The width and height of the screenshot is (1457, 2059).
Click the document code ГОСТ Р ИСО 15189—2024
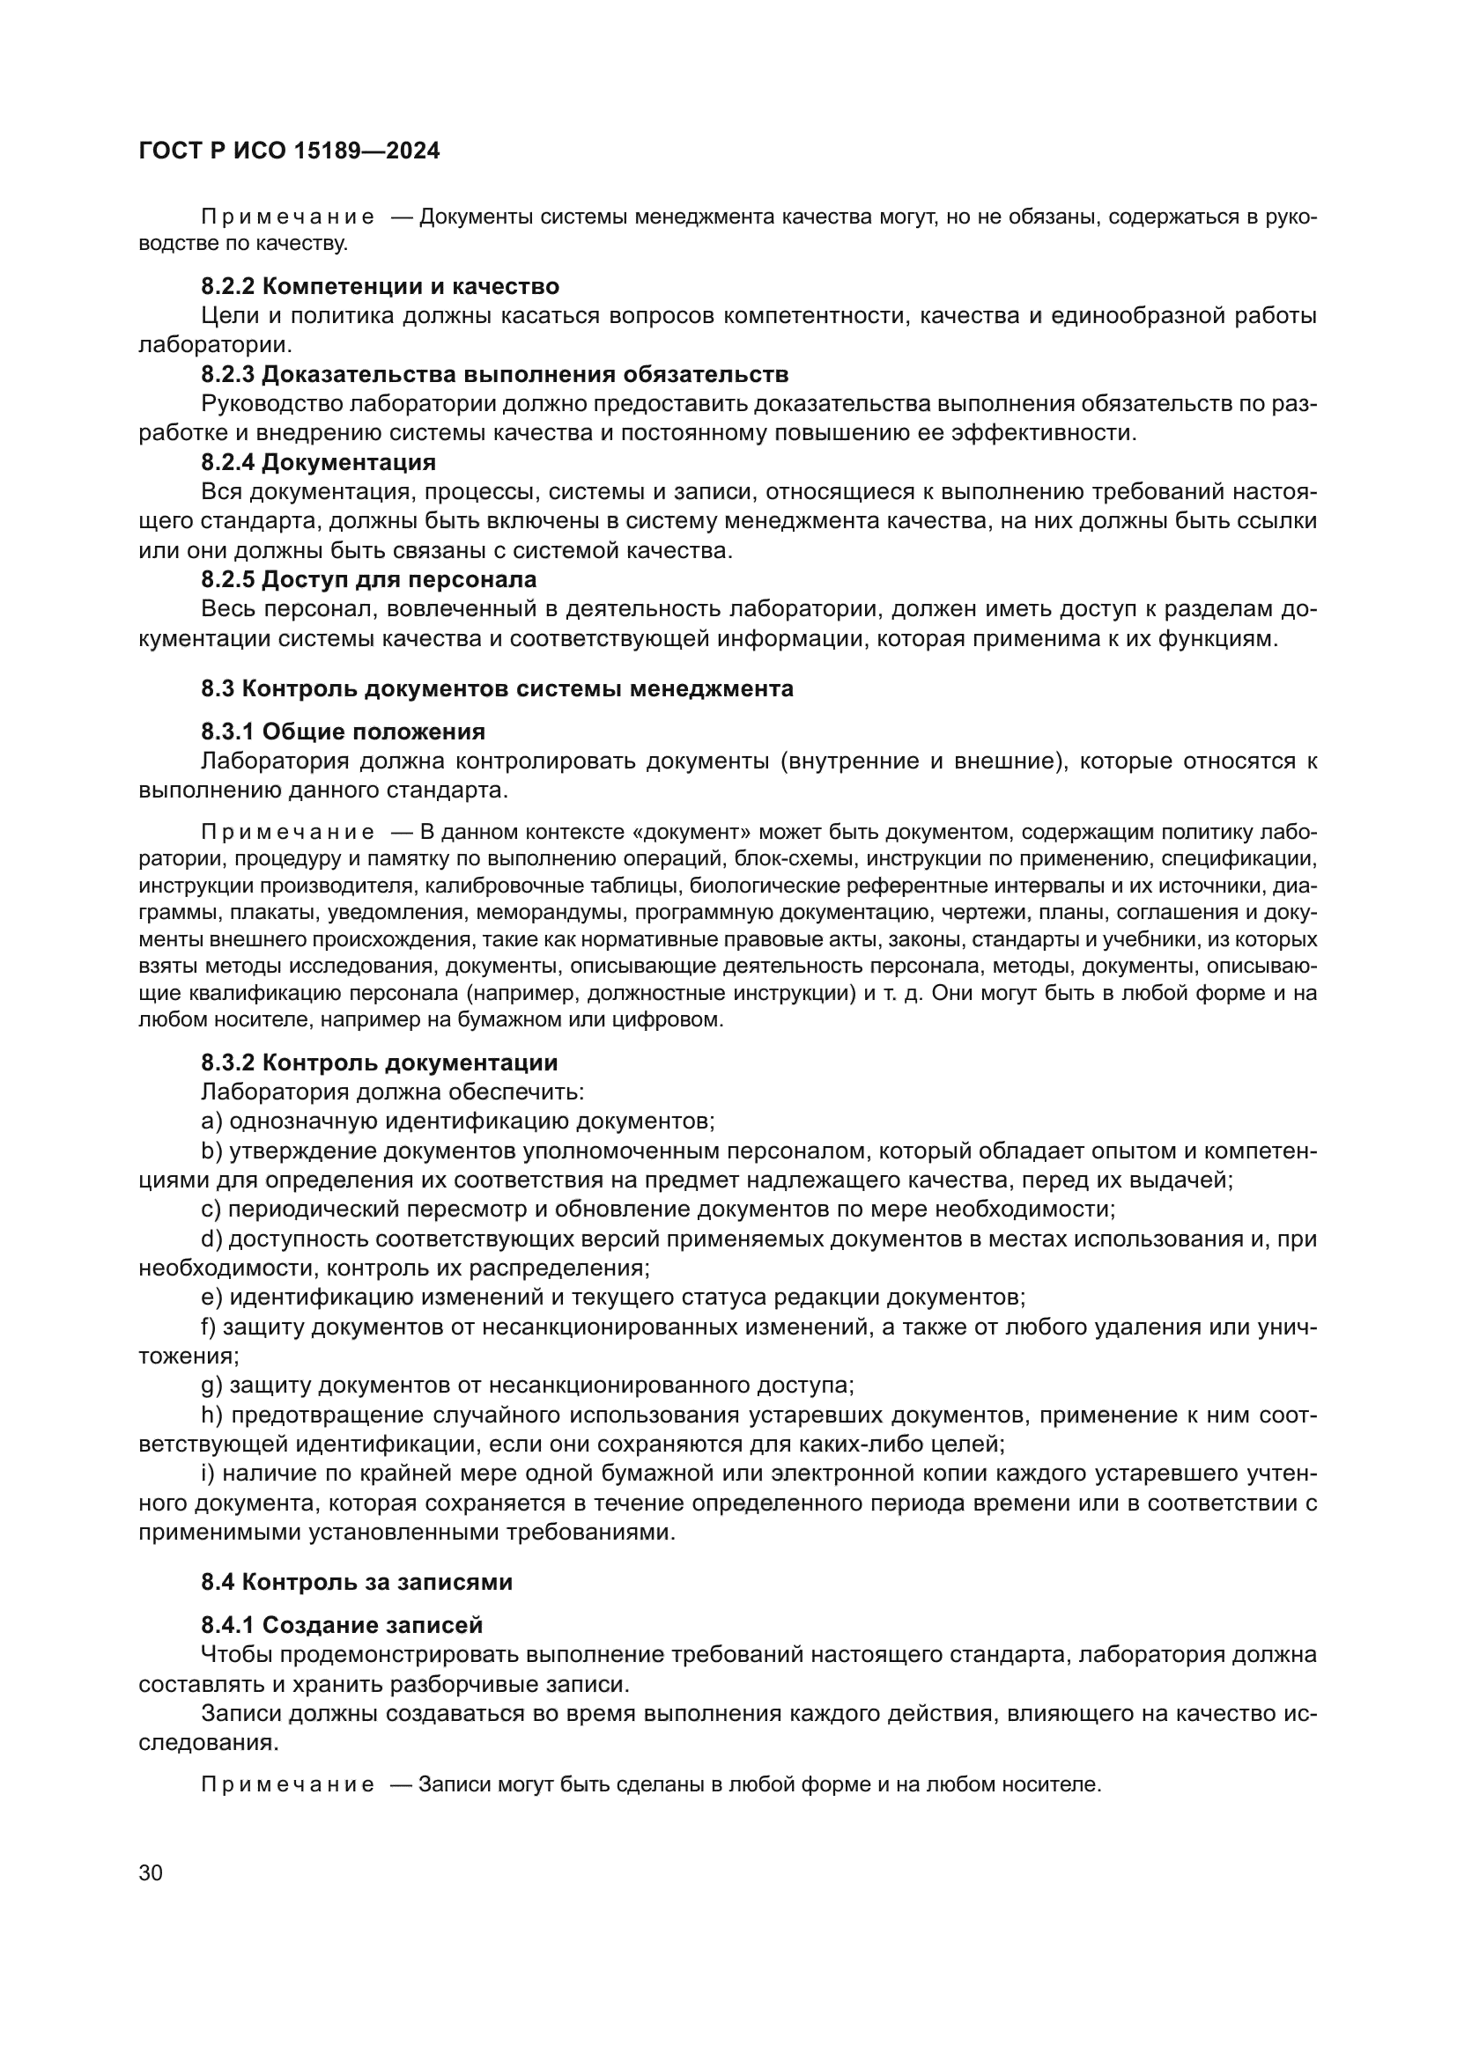289,151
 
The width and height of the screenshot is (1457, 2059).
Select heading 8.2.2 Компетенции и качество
380,287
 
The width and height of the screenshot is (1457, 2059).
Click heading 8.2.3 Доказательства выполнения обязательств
494,375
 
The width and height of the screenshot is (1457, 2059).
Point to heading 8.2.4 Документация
319,463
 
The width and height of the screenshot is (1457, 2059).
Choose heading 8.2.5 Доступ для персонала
368,579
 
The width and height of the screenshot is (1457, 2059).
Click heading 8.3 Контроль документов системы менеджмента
497,688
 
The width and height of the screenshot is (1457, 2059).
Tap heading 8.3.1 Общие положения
343,732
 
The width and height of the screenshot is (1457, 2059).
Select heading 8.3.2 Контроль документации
379,1063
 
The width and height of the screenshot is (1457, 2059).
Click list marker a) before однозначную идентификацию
211,1121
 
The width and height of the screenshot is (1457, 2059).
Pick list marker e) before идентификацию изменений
211,1298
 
